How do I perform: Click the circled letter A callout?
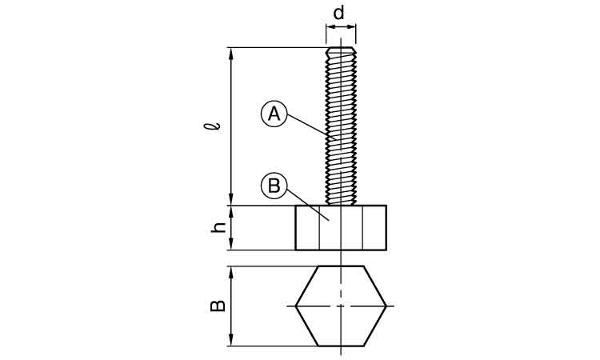click(x=274, y=114)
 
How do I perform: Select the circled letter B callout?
click(x=274, y=186)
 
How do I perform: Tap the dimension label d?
click(x=338, y=14)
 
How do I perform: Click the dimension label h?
click(x=218, y=228)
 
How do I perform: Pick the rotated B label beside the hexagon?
click(x=218, y=306)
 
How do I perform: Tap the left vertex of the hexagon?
click(x=296, y=306)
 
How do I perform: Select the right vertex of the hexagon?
click(x=386, y=306)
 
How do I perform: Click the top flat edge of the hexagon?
click(x=341, y=266)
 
